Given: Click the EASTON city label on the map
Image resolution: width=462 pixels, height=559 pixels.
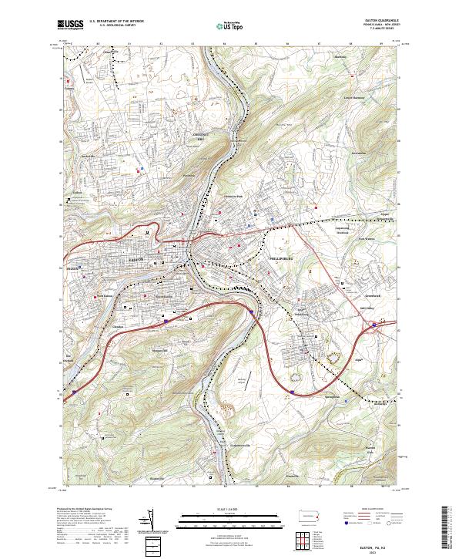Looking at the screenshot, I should coord(132,262).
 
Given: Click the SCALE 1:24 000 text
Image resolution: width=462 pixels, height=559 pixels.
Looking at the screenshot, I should coord(230,509).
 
